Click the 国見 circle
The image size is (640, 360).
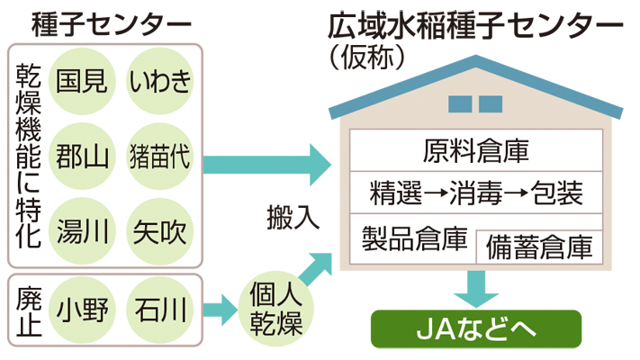pyautogui.click(x=82, y=82)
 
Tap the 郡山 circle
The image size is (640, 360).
pyautogui.click(x=82, y=157)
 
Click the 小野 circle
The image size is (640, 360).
pyautogui.click(x=82, y=311)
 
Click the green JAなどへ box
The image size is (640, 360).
pyautogui.click(x=476, y=330)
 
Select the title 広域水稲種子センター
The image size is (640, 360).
pyautogui.click(x=476, y=24)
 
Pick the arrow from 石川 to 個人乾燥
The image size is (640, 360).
pyautogui.click(x=220, y=312)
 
